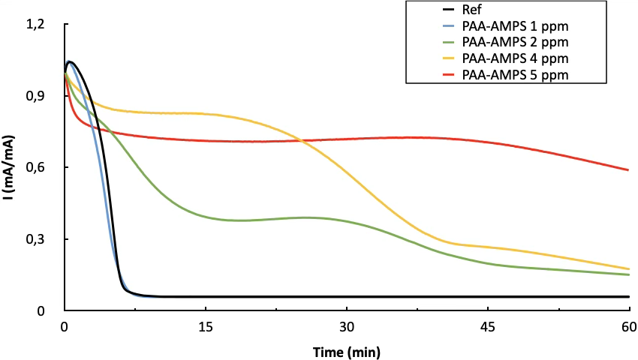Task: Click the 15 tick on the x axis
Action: (x=205, y=327)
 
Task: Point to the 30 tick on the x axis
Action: (x=346, y=327)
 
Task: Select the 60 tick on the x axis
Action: (x=628, y=327)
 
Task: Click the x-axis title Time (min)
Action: (x=346, y=350)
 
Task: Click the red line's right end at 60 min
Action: (x=627, y=169)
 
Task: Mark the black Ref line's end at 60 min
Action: (x=627, y=296)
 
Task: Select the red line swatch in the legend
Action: (x=432, y=74)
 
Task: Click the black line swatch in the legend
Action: (x=432, y=10)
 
